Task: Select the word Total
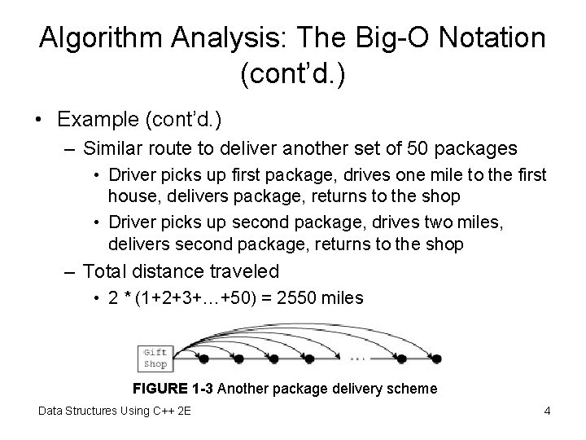pyautogui.click(x=105, y=271)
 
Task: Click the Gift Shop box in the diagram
pyautogui.click(x=155, y=359)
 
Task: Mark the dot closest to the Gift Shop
pyautogui.click(x=204, y=359)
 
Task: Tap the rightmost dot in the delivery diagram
pyautogui.click(x=436, y=359)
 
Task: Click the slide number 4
pyautogui.click(x=547, y=411)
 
